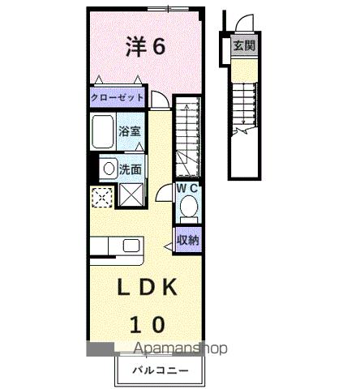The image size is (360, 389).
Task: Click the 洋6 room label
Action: (146, 46)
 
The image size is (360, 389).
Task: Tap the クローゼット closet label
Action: (118, 98)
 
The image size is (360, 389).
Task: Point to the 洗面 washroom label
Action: (131, 169)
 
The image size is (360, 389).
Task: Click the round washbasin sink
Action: (107, 169)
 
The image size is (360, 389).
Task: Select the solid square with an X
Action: (130, 196)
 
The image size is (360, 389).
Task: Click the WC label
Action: (189, 189)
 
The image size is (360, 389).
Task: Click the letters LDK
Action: (146, 288)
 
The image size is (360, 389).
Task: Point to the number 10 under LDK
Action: (146, 324)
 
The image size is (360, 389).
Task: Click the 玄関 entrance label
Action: (244, 46)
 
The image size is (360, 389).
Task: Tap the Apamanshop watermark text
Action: (170, 348)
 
